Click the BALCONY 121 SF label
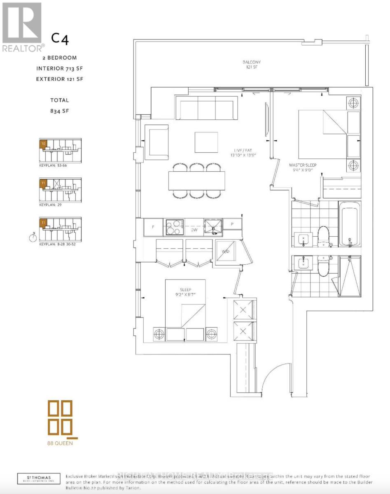(x=251, y=65)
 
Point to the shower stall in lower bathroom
(x=350, y=276)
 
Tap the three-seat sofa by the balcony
(x=206, y=108)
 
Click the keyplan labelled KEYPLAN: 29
(x=60, y=189)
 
